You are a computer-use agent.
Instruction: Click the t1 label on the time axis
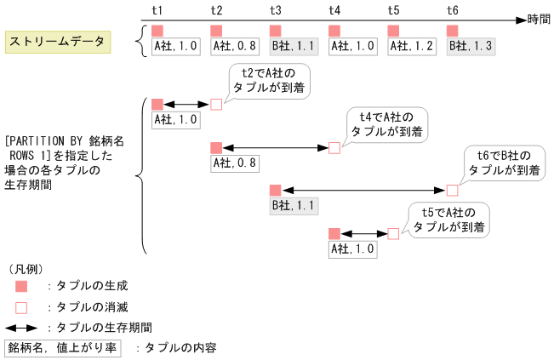point(157,10)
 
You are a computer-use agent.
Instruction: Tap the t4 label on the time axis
point(335,10)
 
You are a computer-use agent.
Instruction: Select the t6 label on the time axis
point(453,10)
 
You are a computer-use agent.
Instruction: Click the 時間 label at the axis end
point(539,19)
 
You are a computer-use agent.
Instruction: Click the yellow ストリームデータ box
point(57,42)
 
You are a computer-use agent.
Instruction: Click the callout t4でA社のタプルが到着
point(386,124)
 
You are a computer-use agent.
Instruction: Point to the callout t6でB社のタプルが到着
point(505,163)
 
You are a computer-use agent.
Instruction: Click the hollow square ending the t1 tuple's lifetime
point(216,104)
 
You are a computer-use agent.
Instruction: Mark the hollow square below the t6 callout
point(452,190)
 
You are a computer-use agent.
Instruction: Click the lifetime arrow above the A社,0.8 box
point(275,147)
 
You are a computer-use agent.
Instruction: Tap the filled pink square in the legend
point(21,286)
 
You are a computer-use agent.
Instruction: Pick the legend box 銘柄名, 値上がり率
point(63,347)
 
